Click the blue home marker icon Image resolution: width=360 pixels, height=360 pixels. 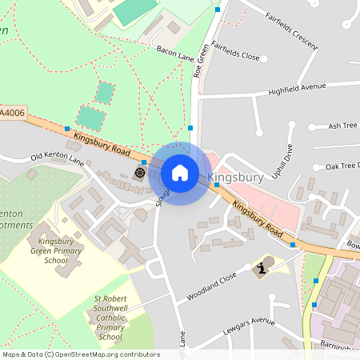tap(180, 173)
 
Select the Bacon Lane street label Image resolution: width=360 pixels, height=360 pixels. tap(175, 54)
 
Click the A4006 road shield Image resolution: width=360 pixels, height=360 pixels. tap(12, 114)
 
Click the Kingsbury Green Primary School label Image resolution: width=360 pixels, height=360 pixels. tap(56, 250)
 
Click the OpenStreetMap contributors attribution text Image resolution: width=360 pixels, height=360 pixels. tap(80, 354)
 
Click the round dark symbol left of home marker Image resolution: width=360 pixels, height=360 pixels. tap(140, 171)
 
